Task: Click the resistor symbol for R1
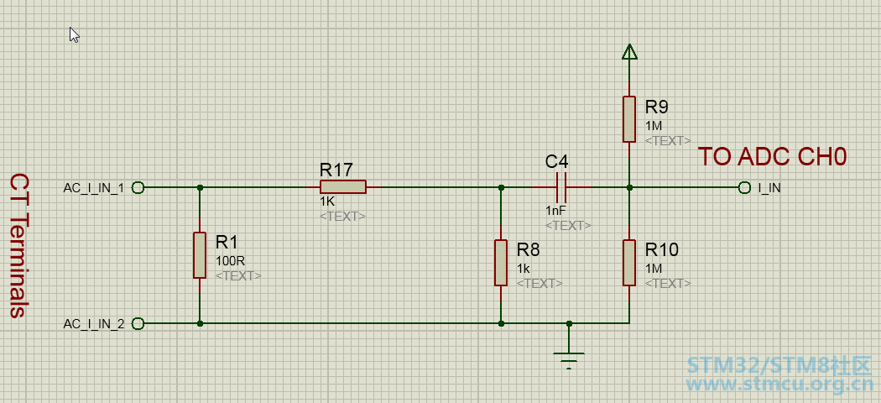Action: tap(200, 255)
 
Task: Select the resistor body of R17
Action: tap(342, 186)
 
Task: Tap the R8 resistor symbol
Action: tap(501, 263)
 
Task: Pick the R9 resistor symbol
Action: tap(629, 119)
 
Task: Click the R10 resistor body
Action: tap(629, 263)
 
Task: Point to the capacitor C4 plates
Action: tap(561, 187)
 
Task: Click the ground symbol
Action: tap(569, 359)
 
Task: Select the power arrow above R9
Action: tap(629, 52)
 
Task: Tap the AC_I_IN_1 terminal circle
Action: tap(138, 187)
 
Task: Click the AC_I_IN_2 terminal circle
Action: tap(138, 324)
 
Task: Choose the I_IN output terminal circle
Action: tap(744, 187)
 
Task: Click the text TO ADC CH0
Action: tap(772, 157)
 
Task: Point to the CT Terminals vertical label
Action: tap(19, 246)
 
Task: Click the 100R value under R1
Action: tap(231, 261)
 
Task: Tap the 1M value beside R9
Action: tap(654, 126)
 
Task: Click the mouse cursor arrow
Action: tap(74, 35)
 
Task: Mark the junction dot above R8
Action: tap(501, 187)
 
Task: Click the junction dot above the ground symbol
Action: tap(569, 324)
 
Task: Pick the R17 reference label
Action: tap(336, 170)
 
